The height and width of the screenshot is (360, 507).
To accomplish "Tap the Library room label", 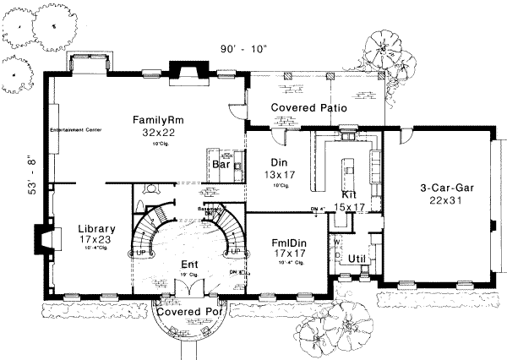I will point(96,228).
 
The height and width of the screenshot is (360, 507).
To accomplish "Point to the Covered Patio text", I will point(312,107).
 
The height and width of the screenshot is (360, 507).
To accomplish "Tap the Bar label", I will point(222,166).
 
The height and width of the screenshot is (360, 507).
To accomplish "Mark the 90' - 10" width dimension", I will point(244,48).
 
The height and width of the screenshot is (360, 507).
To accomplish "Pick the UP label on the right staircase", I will point(236,253).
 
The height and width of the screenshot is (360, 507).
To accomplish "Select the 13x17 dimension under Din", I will point(275,175).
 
